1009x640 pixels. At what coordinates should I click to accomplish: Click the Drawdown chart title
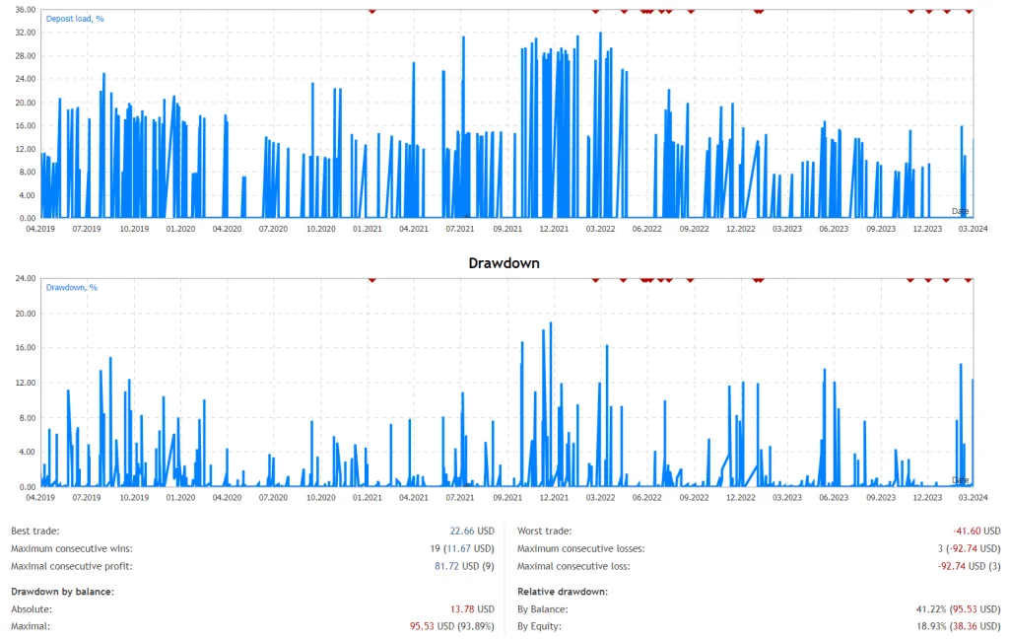(504, 263)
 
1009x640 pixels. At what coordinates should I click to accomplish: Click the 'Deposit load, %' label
(75, 18)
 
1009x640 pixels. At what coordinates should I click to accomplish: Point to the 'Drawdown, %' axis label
(72, 287)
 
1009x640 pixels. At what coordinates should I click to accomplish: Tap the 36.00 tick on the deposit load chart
(26, 10)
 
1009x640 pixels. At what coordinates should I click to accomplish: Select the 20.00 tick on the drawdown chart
(26, 314)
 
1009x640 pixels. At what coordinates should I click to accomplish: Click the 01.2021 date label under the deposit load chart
(367, 229)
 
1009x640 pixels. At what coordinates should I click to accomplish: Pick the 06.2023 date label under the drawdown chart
(834, 498)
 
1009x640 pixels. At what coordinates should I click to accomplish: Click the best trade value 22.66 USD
(470, 531)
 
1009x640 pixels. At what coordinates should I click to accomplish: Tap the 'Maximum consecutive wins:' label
(71, 548)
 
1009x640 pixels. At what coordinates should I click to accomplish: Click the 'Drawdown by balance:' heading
(62, 591)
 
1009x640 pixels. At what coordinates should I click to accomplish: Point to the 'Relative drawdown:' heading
(563, 591)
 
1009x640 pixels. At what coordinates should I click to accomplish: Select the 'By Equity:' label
(541, 625)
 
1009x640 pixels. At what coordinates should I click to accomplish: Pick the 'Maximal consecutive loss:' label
(573, 566)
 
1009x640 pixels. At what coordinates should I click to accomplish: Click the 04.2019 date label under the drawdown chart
(40, 498)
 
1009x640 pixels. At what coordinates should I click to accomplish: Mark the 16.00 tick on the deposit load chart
(26, 125)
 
